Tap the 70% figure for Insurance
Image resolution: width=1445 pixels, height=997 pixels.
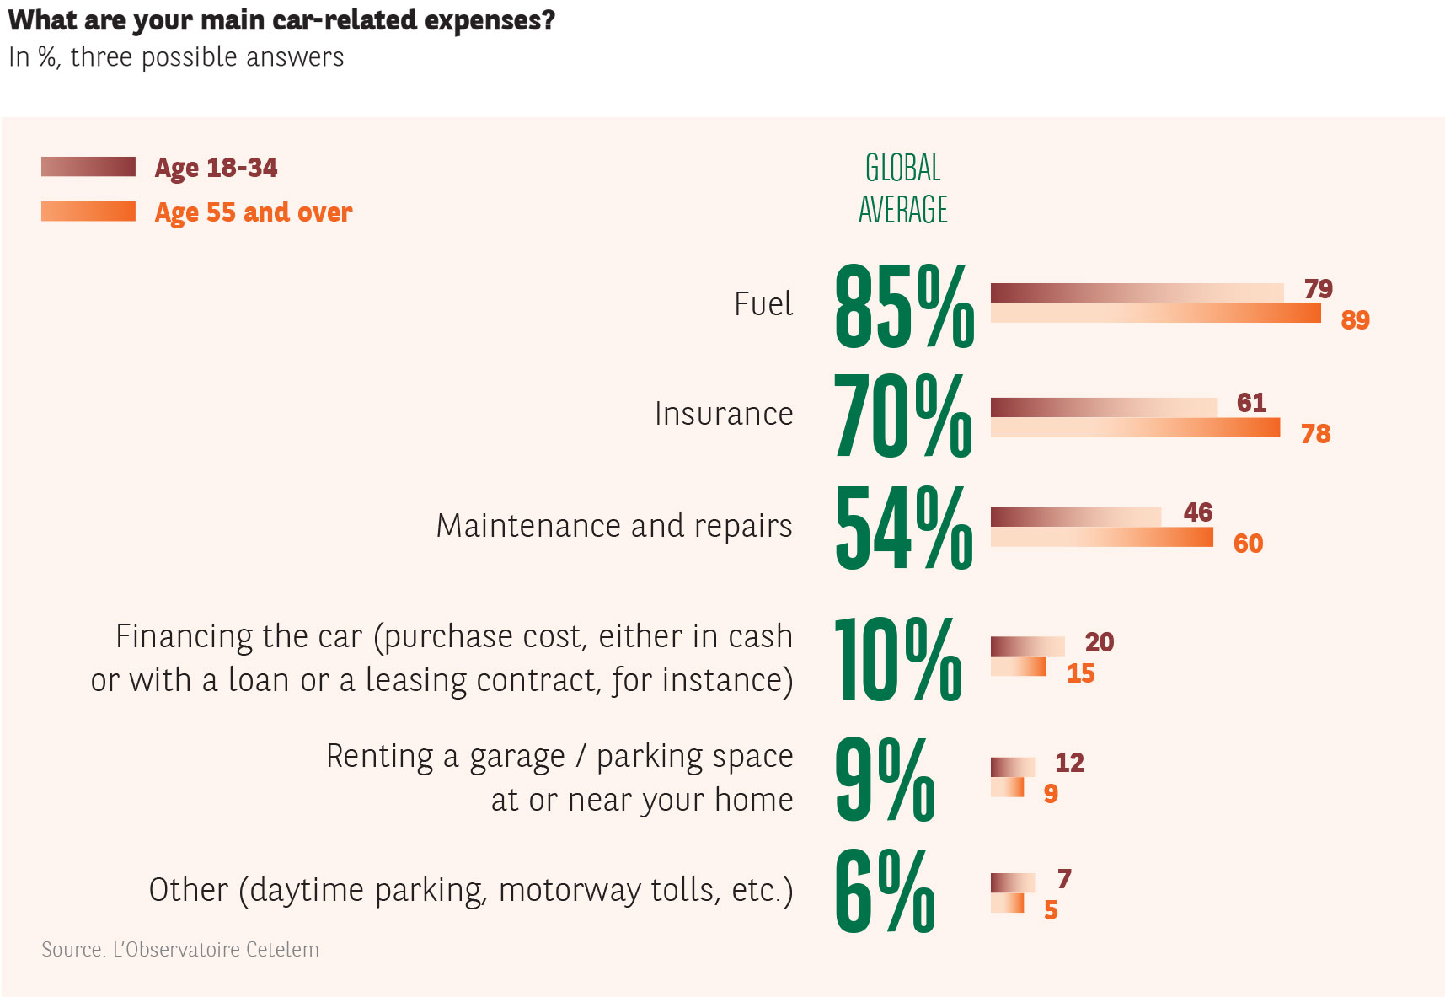click(x=902, y=415)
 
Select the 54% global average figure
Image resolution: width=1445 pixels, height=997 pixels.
click(x=903, y=528)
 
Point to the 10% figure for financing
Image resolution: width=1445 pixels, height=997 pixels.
click(x=897, y=658)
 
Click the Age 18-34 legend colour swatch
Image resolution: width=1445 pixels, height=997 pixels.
click(x=88, y=167)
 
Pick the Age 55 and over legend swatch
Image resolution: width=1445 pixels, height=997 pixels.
click(x=88, y=211)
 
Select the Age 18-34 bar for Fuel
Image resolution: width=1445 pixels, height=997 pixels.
click(x=1137, y=292)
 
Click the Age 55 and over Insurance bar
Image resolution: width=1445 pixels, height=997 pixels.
click(x=1135, y=428)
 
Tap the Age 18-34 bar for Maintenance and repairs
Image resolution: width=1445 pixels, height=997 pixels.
click(x=1075, y=517)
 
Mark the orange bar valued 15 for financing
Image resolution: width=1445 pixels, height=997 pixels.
click(x=1018, y=667)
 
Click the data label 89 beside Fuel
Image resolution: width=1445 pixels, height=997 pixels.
click(x=1355, y=320)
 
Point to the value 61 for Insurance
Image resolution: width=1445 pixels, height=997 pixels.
click(x=1251, y=403)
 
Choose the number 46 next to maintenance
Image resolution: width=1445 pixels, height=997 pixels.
click(x=1197, y=512)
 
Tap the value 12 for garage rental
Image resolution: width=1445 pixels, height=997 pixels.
click(x=1069, y=763)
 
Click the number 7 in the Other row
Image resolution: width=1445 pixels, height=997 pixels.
click(x=1064, y=879)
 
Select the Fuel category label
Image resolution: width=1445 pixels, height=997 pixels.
click(x=763, y=304)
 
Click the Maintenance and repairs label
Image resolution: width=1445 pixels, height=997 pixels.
click(x=613, y=526)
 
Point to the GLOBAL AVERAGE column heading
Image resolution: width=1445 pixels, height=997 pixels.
click(x=902, y=189)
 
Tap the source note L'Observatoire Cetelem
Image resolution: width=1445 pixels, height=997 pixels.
click(x=180, y=950)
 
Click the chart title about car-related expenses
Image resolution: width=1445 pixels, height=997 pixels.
click(x=281, y=20)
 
